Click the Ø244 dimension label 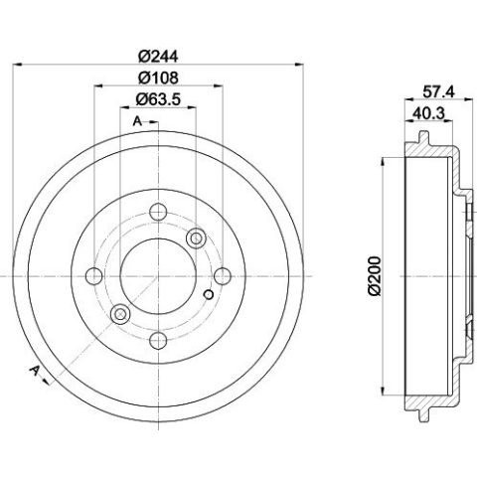158,57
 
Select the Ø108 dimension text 158,78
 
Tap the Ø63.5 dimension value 158,99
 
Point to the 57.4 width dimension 438,91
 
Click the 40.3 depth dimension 428,113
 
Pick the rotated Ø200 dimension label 375,275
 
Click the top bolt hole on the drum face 158,212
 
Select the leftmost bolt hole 94,276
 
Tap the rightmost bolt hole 223,276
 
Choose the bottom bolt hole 158,340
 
